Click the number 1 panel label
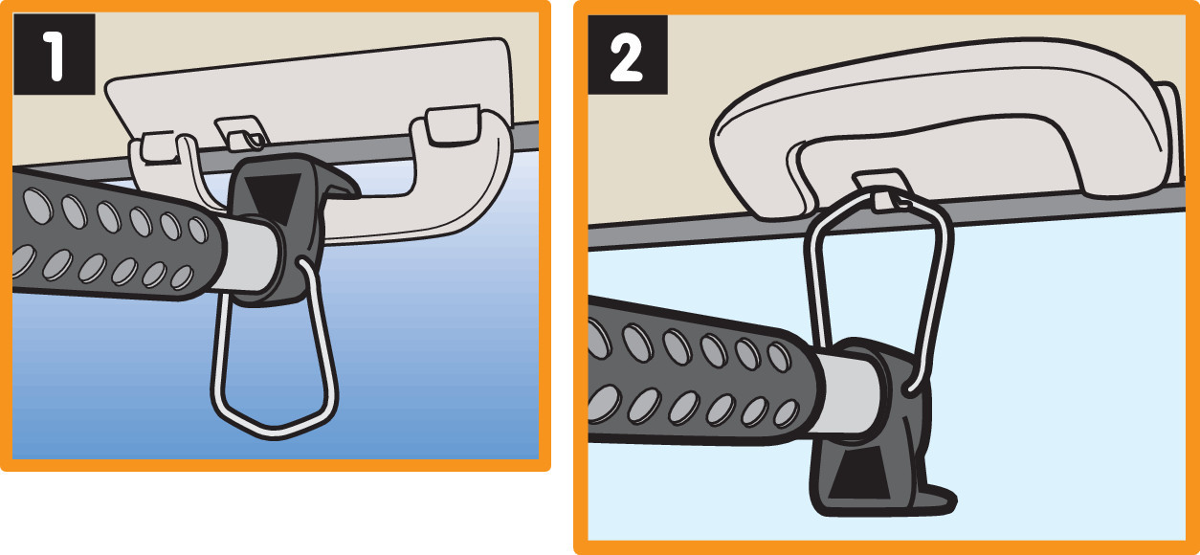coord(55,55)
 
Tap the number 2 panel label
coord(628,55)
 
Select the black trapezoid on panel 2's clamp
coord(858,472)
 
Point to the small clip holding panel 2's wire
coord(883,190)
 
